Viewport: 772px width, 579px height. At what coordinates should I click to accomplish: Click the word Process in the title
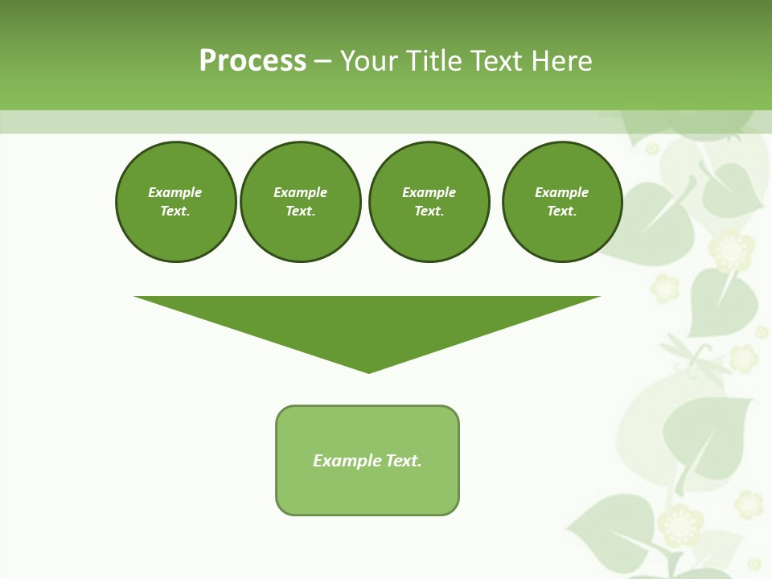pyautogui.click(x=253, y=61)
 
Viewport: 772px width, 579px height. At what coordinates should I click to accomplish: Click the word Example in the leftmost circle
pyautogui.click(x=175, y=192)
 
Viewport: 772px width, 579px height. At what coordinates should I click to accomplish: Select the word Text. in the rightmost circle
pyautogui.click(x=562, y=211)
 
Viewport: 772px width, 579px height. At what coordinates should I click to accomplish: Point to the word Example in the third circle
pyautogui.click(x=429, y=192)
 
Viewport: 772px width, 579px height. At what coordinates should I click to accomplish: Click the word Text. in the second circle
pyautogui.click(x=301, y=211)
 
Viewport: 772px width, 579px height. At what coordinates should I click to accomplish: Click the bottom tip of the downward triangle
pyautogui.click(x=368, y=371)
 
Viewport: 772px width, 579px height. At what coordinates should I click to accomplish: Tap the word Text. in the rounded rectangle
pyautogui.click(x=404, y=461)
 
